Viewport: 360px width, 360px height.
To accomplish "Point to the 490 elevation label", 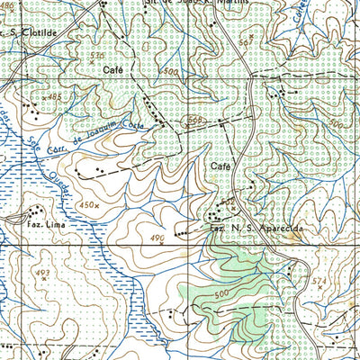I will tap(157, 238).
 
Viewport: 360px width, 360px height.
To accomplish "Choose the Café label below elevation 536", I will tap(112, 68).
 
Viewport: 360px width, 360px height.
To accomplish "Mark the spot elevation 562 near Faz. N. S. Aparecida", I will tap(229, 200).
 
